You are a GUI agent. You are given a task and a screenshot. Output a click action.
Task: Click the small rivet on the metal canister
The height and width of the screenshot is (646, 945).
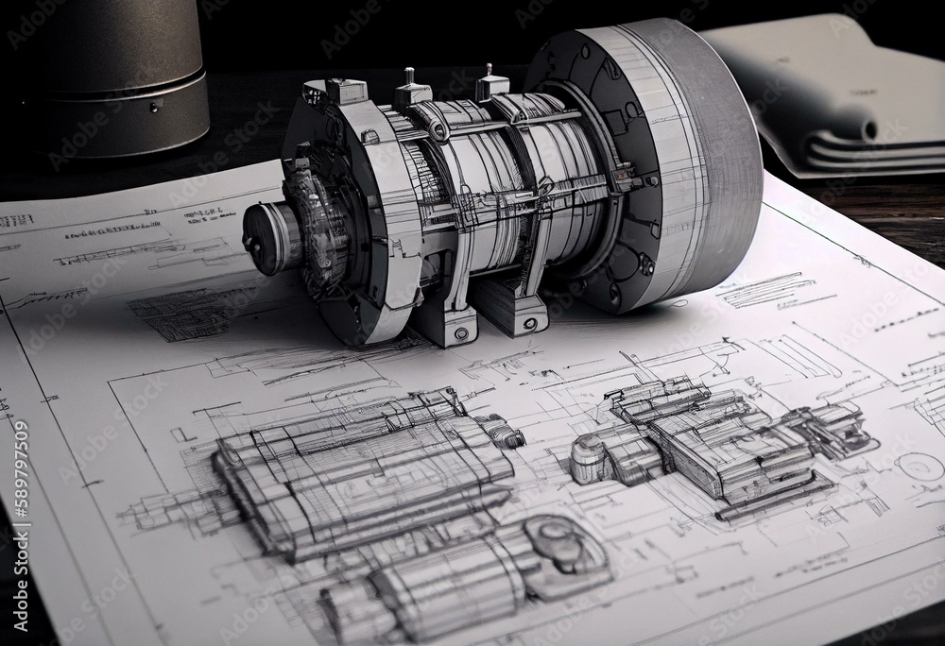[x=152, y=107]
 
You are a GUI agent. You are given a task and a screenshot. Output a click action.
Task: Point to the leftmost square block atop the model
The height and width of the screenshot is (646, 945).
[x=346, y=91]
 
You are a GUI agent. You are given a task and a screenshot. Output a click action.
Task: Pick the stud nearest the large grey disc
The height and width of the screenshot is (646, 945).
[x=491, y=83]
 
